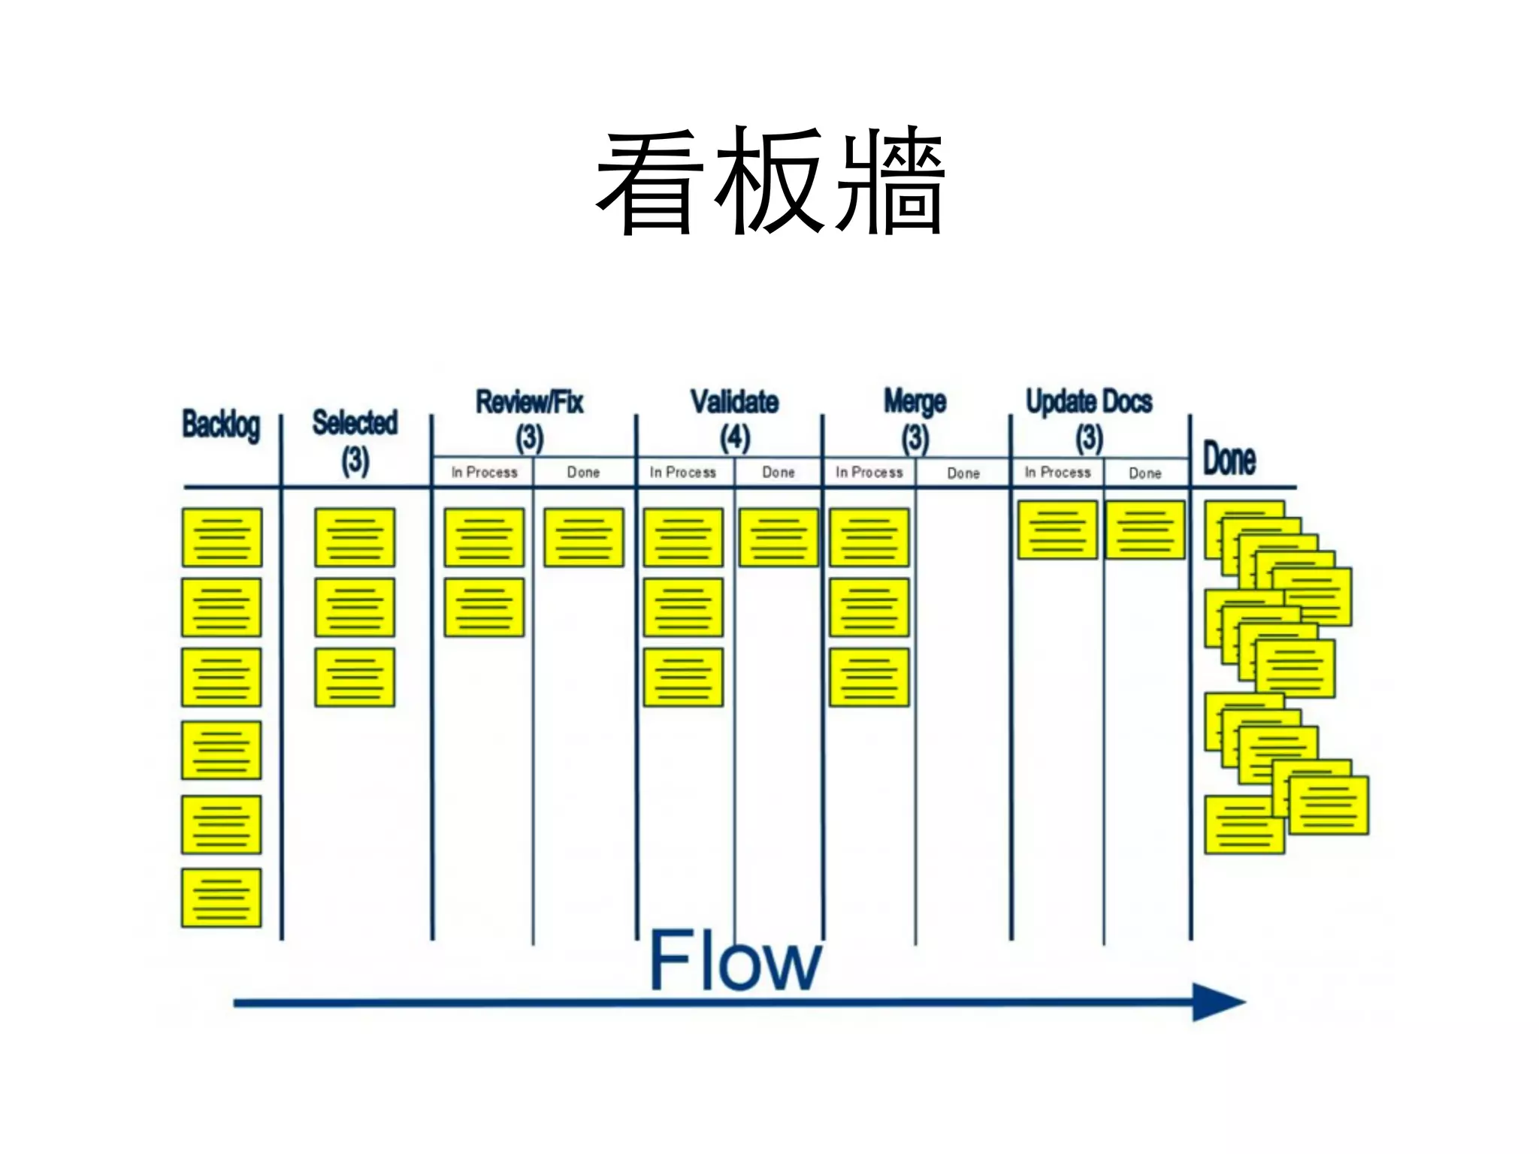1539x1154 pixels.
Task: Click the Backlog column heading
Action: coord(221,425)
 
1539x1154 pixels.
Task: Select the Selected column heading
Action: coord(355,423)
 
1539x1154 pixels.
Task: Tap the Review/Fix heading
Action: coord(530,402)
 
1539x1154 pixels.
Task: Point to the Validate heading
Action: coord(734,402)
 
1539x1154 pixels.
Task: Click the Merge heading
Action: coord(915,402)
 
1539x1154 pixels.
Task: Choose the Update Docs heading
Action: coord(1089,402)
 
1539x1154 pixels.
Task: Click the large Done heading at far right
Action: coord(1229,459)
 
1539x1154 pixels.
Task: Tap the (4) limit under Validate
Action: coord(734,438)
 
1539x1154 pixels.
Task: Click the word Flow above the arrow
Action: coord(734,961)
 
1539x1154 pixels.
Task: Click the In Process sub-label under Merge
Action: coord(869,473)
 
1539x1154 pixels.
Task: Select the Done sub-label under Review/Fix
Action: coord(583,473)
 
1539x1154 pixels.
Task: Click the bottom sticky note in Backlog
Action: coord(221,898)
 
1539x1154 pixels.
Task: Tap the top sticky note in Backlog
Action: coord(222,537)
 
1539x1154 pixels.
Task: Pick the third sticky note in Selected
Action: coord(355,677)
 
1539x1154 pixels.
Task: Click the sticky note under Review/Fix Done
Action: coord(584,537)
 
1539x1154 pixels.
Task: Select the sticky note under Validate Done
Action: coord(779,537)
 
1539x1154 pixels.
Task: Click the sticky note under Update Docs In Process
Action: coord(1057,530)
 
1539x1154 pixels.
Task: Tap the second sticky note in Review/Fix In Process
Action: coord(484,607)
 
